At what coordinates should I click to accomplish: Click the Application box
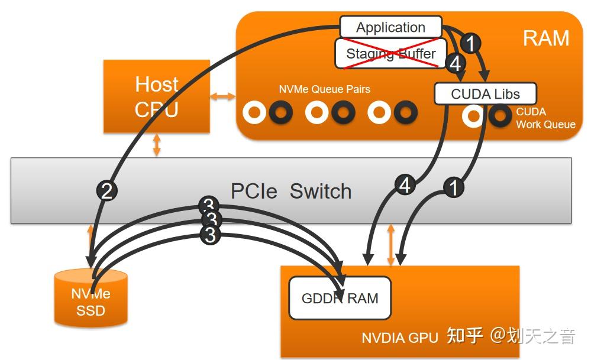(x=390, y=27)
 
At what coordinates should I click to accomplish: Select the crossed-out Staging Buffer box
(x=390, y=54)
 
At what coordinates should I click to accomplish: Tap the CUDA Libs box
(x=485, y=94)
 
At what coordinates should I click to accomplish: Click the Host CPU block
(x=157, y=96)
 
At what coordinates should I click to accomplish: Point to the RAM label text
(x=545, y=38)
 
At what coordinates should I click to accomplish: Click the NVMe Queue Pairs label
(x=324, y=89)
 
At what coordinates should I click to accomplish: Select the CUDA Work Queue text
(x=545, y=118)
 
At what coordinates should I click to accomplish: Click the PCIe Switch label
(x=290, y=191)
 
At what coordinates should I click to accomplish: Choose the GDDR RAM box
(x=340, y=298)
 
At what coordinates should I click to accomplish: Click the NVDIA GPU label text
(x=399, y=338)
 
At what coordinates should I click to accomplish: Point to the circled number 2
(x=107, y=190)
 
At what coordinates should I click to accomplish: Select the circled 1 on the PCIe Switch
(x=453, y=187)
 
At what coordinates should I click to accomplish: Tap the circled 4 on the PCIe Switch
(x=405, y=186)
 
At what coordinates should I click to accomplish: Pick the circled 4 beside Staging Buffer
(x=455, y=63)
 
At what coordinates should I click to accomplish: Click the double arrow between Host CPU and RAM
(x=223, y=96)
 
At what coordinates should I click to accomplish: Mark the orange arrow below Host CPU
(x=157, y=145)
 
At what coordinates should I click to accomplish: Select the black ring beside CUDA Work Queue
(x=500, y=116)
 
